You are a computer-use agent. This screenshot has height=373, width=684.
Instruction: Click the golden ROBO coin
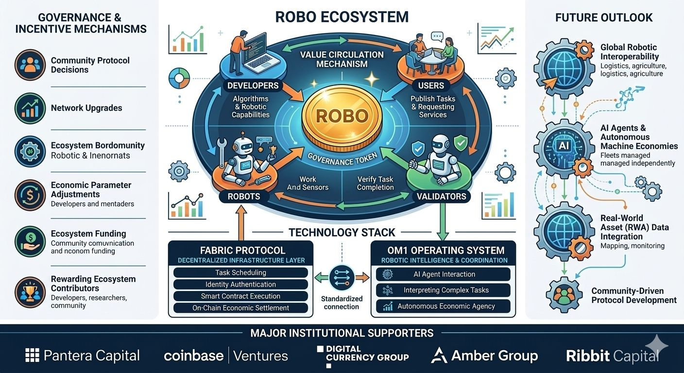point(342,117)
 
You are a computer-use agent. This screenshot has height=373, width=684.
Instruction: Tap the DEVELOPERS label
point(253,86)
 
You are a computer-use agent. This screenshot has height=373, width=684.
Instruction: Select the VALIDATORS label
point(441,196)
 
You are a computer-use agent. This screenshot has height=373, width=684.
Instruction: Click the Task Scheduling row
point(240,272)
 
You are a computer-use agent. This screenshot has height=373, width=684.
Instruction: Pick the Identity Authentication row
point(240,284)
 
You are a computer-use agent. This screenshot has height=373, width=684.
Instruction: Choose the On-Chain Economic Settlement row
point(240,307)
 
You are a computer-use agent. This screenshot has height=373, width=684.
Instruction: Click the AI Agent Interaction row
point(443,274)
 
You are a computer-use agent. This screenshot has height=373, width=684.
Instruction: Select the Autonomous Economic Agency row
point(443,306)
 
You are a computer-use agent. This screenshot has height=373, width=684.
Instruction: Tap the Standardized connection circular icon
point(342,278)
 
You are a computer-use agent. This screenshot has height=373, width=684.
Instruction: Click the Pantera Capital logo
point(83,356)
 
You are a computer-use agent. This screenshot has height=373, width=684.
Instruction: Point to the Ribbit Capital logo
point(612,356)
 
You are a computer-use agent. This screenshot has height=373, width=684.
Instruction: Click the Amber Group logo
point(484,356)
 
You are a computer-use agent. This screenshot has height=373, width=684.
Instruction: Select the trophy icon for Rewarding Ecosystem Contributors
point(30,291)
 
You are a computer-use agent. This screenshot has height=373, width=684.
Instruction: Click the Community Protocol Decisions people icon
point(30,65)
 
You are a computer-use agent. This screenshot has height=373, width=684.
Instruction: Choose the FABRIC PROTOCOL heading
point(240,251)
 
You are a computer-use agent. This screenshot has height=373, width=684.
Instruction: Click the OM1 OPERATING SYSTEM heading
point(443,251)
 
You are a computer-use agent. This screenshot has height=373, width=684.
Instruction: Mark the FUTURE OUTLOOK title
point(604,17)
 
